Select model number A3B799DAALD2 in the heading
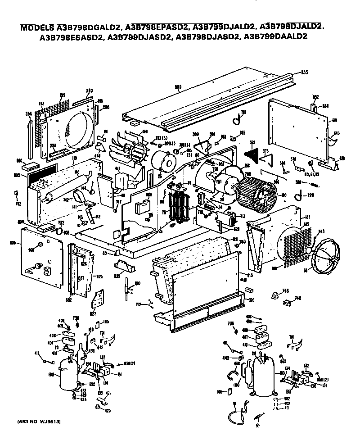(275, 38)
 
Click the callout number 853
(304, 72)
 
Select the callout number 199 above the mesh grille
(63, 95)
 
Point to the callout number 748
(297, 298)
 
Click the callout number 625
(99, 276)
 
